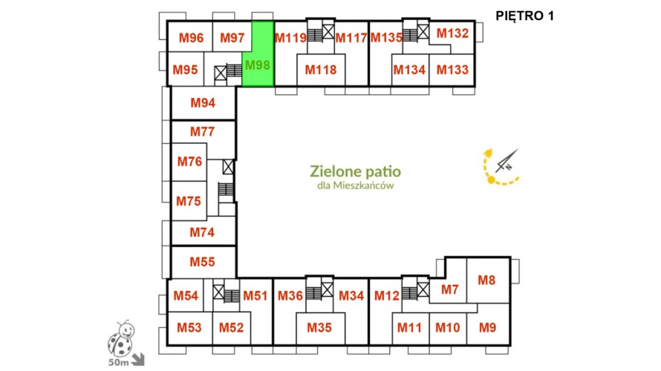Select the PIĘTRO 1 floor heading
coord(524,16)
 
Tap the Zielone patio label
coord(355,171)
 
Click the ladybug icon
coord(121,338)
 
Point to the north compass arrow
coord(507,161)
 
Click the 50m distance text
coord(118,362)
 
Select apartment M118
coord(321,70)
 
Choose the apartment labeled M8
coord(488,280)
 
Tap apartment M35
coord(320,328)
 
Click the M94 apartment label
coord(203,102)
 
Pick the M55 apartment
coord(203,262)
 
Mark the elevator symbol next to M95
coord(221,73)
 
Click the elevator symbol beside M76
coord(228,167)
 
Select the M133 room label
coord(452,70)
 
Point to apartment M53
coord(189,328)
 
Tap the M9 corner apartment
coord(488,325)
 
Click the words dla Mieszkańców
coord(355,185)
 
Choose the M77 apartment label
coord(202,132)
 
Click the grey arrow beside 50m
coord(138,359)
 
